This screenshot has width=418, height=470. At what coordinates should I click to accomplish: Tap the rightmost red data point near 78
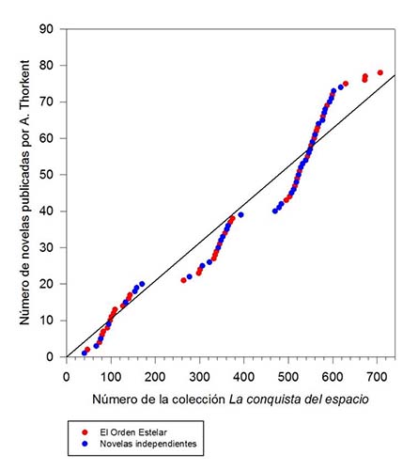(380, 72)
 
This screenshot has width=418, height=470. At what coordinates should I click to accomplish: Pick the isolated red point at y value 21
(183, 280)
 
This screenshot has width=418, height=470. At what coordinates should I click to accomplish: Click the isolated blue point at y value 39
(240, 215)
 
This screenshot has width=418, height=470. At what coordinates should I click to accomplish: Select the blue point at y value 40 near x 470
(274, 211)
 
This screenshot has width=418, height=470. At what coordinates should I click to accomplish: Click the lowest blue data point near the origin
(84, 353)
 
